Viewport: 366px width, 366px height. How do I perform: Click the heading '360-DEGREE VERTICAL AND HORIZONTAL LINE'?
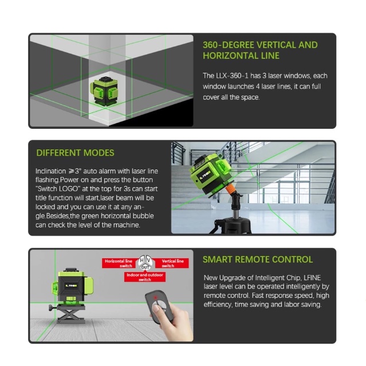(x=260, y=50)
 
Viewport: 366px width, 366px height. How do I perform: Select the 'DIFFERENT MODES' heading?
(x=75, y=153)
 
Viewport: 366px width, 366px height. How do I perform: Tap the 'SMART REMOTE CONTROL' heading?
(x=258, y=259)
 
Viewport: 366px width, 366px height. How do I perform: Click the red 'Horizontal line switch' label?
(x=119, y=263)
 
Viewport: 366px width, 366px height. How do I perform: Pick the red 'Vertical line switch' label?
(x=172, y=263)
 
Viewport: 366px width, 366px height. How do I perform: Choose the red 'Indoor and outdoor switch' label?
(x=145, y=277)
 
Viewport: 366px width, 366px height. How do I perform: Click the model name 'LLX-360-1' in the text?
(x=232, y=76)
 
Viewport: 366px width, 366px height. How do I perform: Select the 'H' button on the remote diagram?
(x=142, y=261)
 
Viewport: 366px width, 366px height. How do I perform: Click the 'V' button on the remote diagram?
(x=148, y=261)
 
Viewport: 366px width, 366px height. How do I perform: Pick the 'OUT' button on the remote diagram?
(x=145, y=267)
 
